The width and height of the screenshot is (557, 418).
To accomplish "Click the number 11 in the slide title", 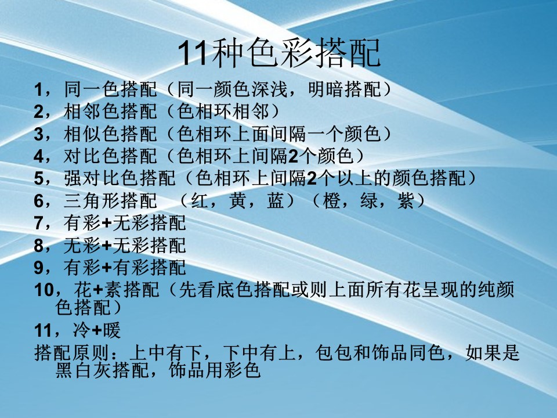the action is (x=192, y=53).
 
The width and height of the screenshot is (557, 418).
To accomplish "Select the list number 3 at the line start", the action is (x=39, y=134).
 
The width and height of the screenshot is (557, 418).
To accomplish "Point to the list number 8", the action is (x=39, y=246).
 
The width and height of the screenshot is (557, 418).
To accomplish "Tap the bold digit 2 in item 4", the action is (x=293, y=156).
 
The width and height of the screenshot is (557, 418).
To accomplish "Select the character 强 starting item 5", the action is (x=73, y=178).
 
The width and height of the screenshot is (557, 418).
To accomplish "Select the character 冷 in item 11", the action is (x=82, y=330).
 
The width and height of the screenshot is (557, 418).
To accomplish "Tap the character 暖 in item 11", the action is (x=112, y=330).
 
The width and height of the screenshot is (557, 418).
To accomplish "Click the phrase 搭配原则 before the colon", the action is (x=71, y=353).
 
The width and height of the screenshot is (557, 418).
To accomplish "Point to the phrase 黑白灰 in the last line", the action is (x=84, y=370).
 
